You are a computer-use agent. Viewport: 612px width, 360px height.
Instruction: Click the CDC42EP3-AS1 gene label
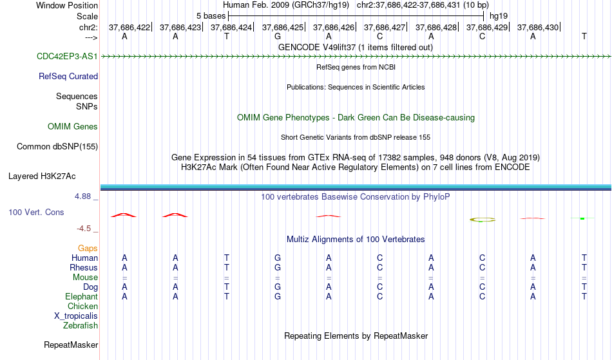[67, 56]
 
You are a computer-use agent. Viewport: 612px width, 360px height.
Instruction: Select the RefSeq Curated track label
[68, 76]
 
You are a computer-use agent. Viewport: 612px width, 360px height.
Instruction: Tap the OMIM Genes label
[73, 126]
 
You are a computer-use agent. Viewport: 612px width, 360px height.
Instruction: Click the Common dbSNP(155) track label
[57, 146]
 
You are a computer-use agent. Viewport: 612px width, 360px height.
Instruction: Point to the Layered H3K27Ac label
[42, 176]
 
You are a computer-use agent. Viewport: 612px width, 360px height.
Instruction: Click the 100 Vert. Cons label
[36, 212]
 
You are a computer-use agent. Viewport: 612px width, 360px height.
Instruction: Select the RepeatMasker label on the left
[71, 345]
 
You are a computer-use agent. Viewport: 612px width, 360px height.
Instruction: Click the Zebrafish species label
[81, 325]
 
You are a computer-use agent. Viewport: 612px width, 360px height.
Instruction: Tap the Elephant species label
[82, 296]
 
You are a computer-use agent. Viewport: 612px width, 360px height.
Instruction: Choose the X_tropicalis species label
[76, 316]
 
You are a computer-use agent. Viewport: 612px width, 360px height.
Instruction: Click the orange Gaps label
[88, 248]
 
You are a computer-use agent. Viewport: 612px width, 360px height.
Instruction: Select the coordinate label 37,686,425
[283, 27]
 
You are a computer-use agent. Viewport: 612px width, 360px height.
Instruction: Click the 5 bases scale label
[211, 16]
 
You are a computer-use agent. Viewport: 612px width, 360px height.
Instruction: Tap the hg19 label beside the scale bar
[499, 16]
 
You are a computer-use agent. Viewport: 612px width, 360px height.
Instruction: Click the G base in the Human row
[278, 258]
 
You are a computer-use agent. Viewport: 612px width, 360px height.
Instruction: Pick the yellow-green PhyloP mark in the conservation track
[483, 220]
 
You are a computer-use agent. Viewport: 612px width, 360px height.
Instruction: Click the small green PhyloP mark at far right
[582, 218]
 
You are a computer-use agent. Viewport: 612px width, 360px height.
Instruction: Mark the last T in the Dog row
[584, 287]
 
